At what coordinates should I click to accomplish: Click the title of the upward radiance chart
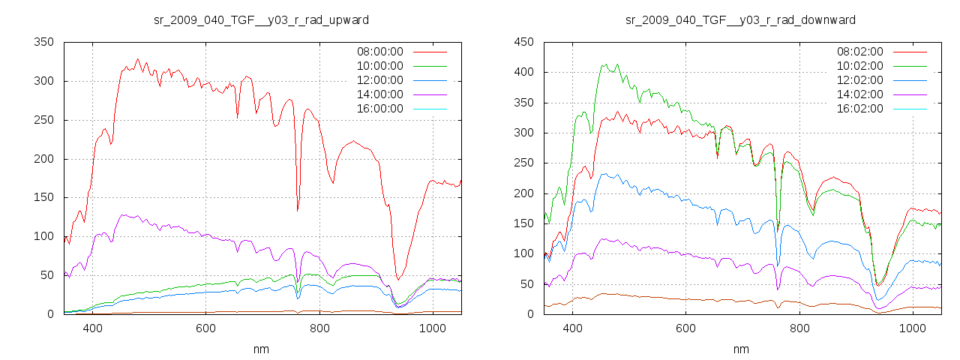click(x=260, y=19)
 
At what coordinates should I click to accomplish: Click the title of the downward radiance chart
click(x=740, y=19)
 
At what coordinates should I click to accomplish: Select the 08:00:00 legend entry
click(x=379, y=52)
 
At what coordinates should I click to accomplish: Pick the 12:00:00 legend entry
click(x=379, y=80)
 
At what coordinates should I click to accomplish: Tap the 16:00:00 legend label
click(x=379, y=109)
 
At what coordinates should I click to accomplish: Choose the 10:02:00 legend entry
click(x=859, y=66)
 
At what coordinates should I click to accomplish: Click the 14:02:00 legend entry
click(x=859, y=94)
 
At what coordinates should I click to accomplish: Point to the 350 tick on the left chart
click(x=44, y=42)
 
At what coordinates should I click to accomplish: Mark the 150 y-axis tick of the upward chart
click(x=44, y=197)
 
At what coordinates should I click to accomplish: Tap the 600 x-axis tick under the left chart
click(x=205, y=328)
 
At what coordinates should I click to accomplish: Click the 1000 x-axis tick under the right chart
click(x=912, y=328)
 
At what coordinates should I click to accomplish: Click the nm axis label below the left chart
click(x=260, y=349)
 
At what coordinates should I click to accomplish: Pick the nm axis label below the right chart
click(x=740, y=349)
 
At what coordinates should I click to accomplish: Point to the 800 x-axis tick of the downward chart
click(x=799, y=328)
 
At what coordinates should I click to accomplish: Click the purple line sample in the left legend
click(x=430, y=94)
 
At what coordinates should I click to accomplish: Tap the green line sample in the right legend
click(x=910, y=66)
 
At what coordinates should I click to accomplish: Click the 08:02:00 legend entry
click(x=859, y=52)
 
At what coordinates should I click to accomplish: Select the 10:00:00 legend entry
click(x=379, y=66)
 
